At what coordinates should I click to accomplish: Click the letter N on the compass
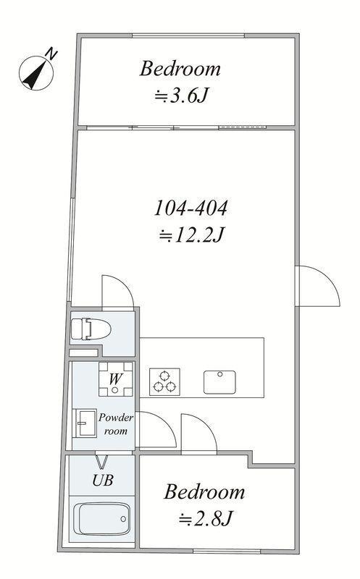(x=51, y=54)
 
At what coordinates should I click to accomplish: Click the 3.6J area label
(x=181, y=96)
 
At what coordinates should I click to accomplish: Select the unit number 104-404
(x=191, y=208)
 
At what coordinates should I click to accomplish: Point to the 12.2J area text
(x=191, y=234)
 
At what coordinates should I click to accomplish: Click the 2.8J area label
(x=205, y=519)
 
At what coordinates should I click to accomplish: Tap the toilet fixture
(x=91, y=329)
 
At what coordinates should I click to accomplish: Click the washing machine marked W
(x=115, y=379)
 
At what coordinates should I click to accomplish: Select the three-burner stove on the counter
(x=164, y=382)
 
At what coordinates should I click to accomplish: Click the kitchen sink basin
(x=219, y=382)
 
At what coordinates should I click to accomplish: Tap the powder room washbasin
(x=85, y=423)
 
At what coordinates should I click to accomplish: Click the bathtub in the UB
(x=101, y=519)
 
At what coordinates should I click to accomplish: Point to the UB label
(x=102, y=480)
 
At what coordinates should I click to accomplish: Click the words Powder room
(x=116, y=424)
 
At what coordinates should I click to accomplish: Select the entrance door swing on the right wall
(x=318, y=285)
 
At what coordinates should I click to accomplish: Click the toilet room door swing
(x=117, y=292)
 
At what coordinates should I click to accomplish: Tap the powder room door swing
(x=156, y=430)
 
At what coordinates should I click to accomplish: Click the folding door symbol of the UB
(x=101, y=462)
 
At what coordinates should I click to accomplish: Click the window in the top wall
(x=188, y=35)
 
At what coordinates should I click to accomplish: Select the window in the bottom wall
(x=227, y=551)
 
